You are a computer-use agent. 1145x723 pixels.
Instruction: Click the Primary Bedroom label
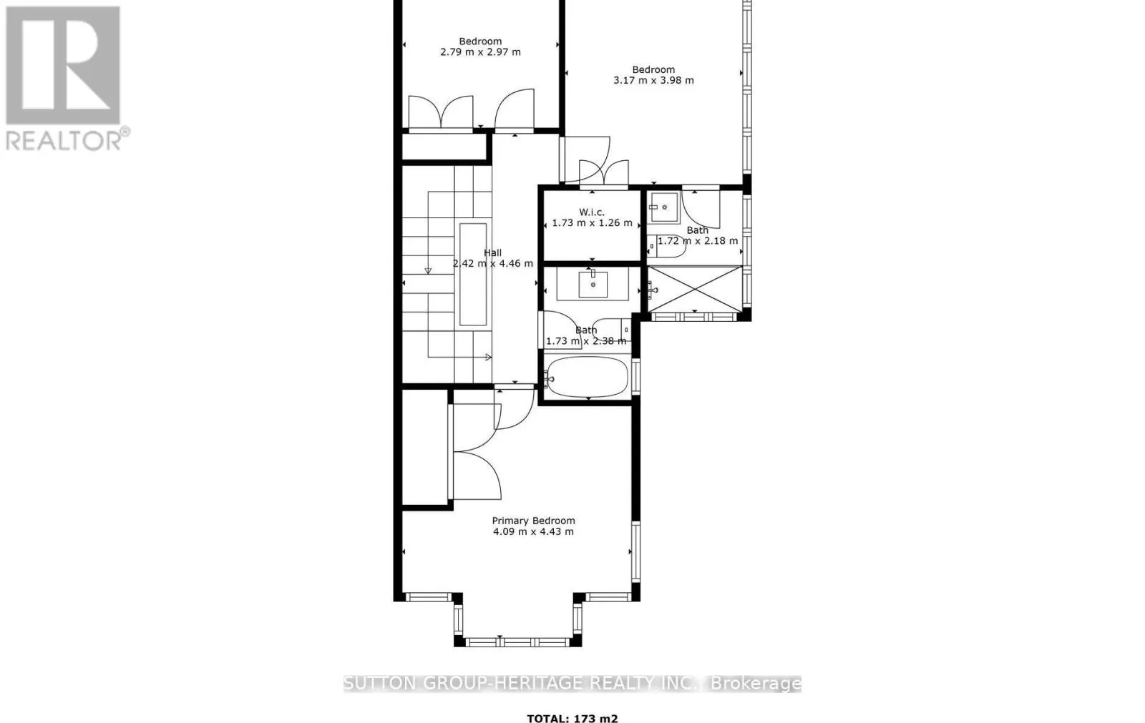click(x=533, y=521)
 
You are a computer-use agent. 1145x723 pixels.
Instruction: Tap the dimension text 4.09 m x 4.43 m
click(x=533, y=531)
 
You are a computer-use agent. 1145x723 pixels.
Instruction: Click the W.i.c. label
click(x=592, y=212)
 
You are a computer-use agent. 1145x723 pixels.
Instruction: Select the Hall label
click(x=492, y=252)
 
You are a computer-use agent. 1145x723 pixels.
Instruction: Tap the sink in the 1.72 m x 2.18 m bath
click(x=665, y=207)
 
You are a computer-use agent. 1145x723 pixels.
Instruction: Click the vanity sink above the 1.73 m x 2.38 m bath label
click(x=593, y=284)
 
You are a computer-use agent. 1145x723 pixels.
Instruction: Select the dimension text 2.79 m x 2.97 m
click(x=480, y=51)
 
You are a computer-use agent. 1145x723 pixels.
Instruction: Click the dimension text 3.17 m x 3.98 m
click(x=653, y=80)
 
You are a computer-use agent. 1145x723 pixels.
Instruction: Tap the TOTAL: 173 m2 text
click(x=572, y=719)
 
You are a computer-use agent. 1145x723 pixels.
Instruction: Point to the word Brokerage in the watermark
click(x=756, y=684)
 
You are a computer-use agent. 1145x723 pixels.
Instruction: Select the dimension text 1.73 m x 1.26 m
click(x=592, y=222)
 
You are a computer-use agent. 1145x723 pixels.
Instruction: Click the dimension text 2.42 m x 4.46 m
click(x=492, y=263)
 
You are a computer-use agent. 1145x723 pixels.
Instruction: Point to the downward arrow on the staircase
click(x=428, y=270)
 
